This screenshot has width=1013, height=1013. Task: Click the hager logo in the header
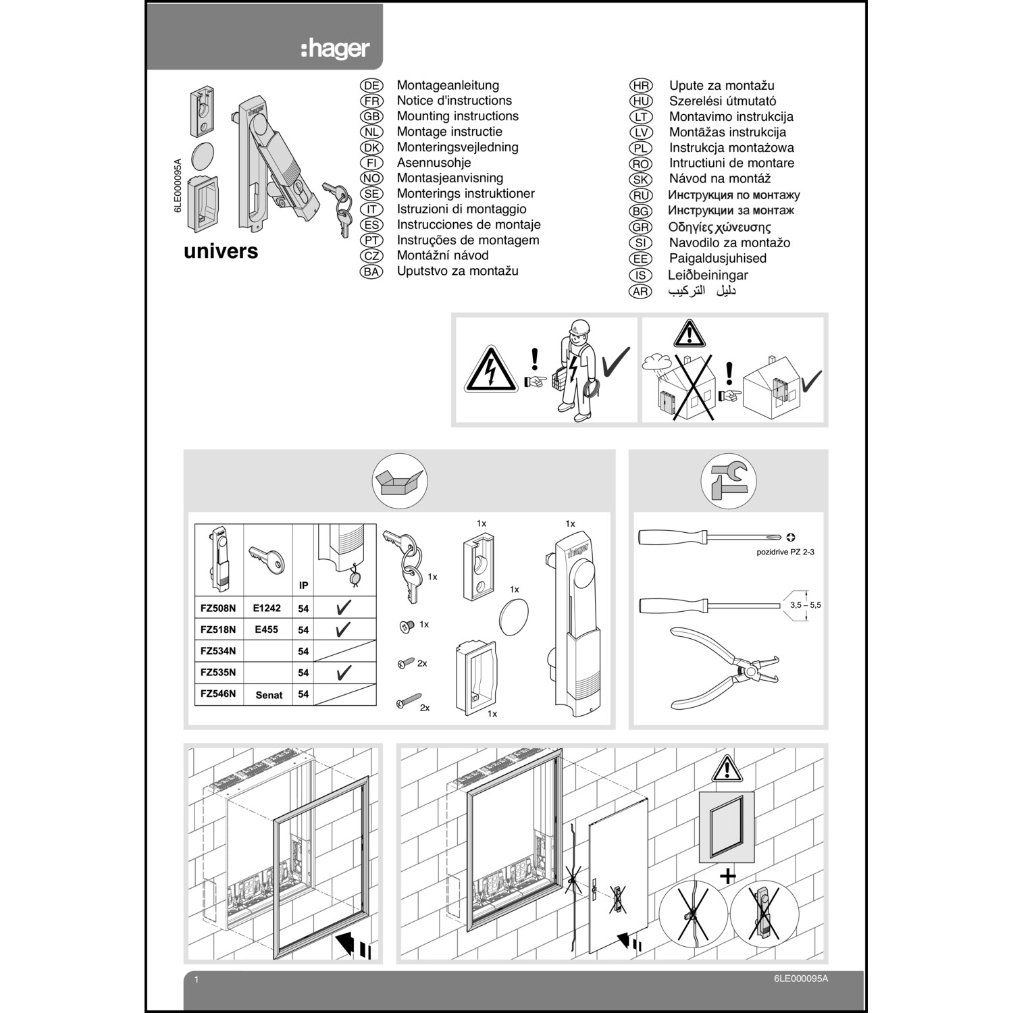click(336, 49)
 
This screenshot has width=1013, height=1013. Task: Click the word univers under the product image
click(221, 251)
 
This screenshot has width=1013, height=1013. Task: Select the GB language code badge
click(371, 116)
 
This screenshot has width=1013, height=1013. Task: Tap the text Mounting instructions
click(457, 116)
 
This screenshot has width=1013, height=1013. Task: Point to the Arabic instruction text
click(702, 290)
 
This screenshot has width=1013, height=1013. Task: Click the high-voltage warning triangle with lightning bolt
click(490, 369)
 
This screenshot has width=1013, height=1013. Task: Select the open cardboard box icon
click(400, 481)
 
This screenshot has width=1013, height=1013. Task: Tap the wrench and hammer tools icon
click(728, 481)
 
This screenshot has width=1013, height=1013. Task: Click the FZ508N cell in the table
click(218, 608)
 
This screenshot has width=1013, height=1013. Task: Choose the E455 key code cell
click(266, 629)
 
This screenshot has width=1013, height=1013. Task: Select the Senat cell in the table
click(269, 695)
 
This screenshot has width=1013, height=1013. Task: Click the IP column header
click(303, 586)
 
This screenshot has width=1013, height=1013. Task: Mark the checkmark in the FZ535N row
click(343, 673)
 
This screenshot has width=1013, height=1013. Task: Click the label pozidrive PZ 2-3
click(785, 552)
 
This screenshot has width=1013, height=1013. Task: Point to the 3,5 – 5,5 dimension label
click(805, 605)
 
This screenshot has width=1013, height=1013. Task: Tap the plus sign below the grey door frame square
click(727, 877)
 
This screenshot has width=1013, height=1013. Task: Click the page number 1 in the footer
click(197, 979)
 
